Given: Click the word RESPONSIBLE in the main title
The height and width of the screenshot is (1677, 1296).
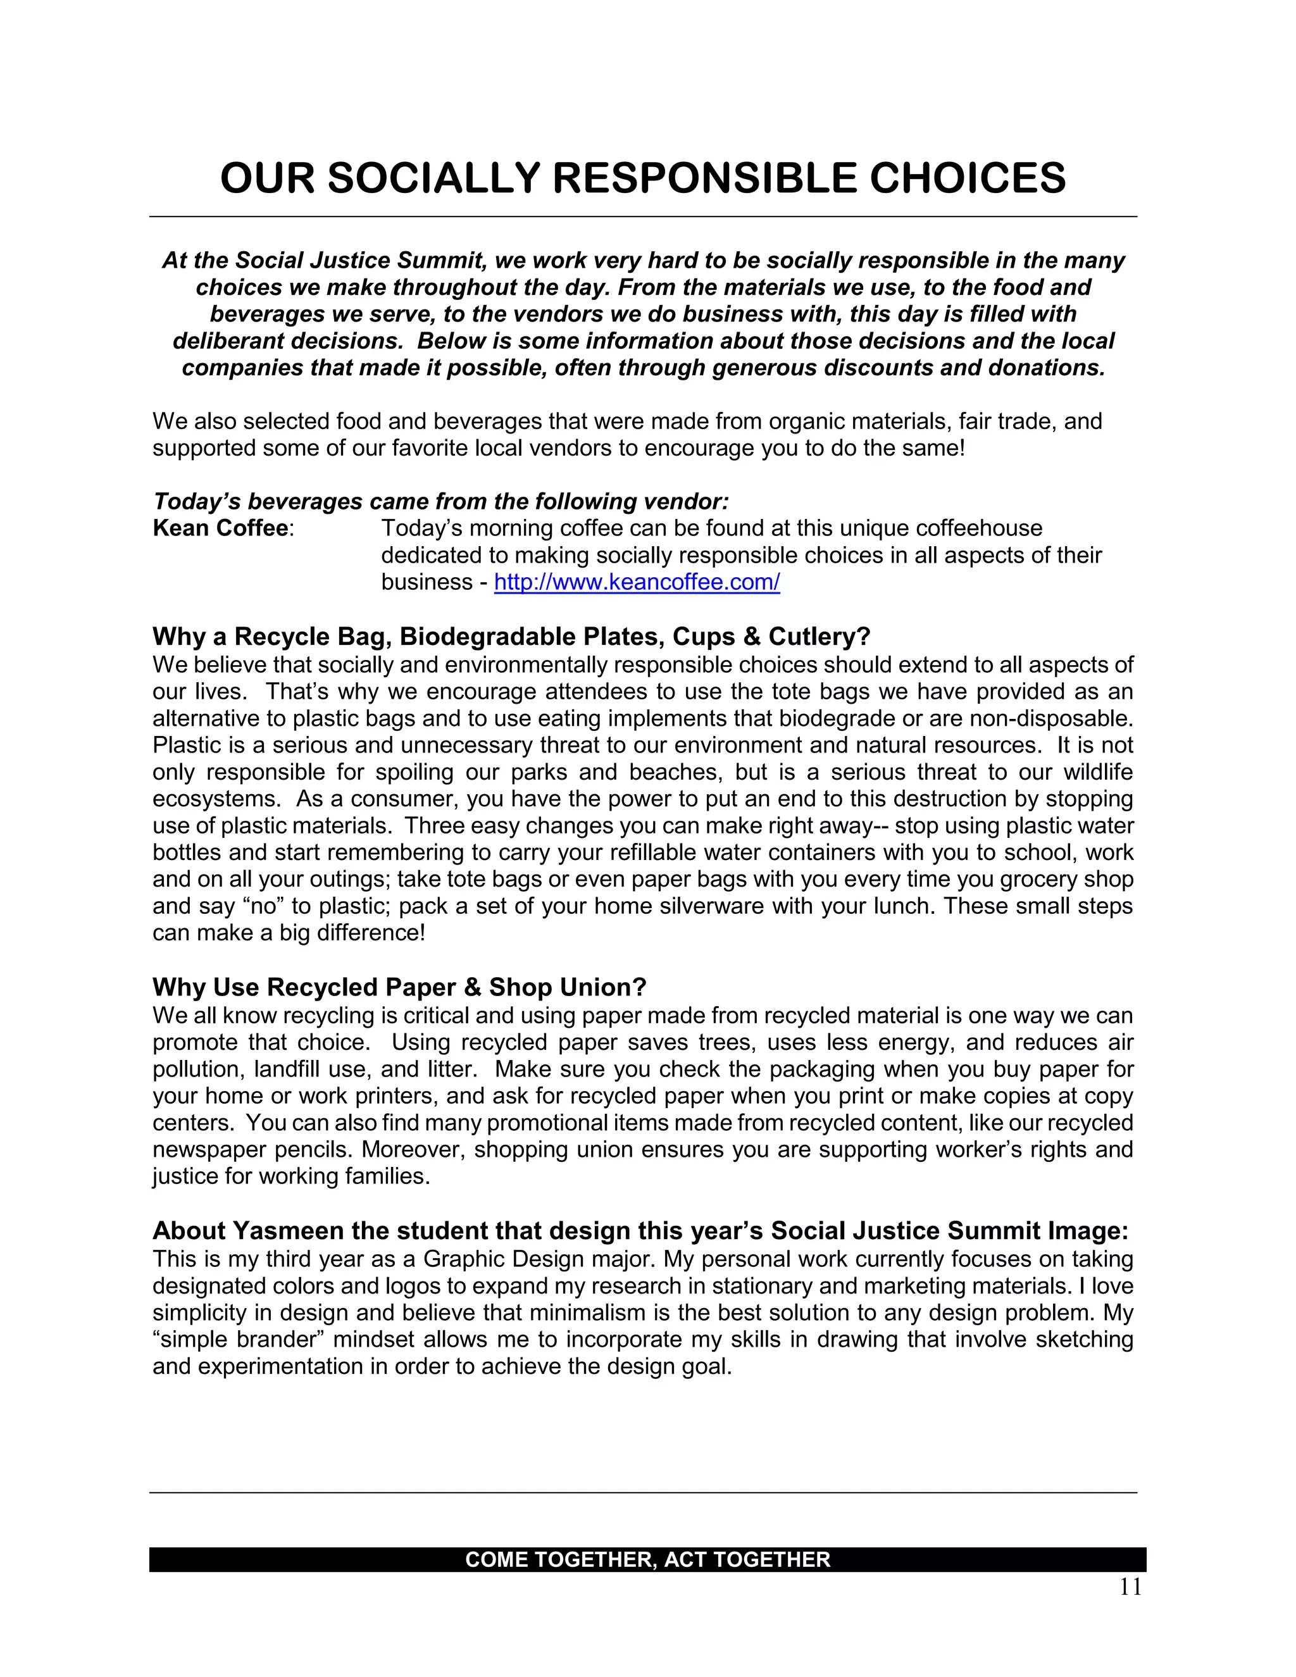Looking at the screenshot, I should point(704,178).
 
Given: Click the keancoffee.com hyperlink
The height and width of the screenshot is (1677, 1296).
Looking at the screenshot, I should point(637,582).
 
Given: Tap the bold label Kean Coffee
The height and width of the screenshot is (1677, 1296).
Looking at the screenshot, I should point(220,528).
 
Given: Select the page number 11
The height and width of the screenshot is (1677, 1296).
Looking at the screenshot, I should point(1130,1588).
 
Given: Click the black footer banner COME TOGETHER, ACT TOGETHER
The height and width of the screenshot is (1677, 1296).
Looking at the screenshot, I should point(647,1559).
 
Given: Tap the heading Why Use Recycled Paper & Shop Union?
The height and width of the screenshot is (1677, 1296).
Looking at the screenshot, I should point(399,987).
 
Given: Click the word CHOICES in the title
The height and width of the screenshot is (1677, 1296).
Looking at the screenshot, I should point(968,178).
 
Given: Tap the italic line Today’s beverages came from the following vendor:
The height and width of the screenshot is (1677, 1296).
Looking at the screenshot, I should point(440,501).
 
